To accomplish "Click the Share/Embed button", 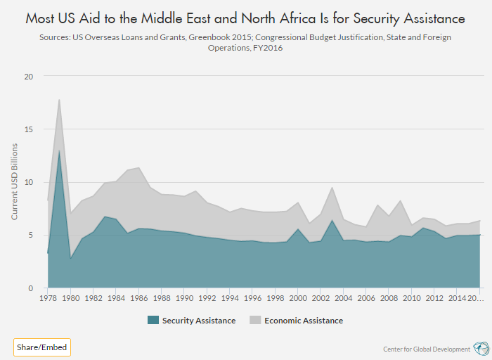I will point(41,347).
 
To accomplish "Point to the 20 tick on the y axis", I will point(28,77).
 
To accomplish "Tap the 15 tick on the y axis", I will point(28,129).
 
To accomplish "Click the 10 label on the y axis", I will point(28,182).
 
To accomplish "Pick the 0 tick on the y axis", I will point(31,288).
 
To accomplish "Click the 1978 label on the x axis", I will point(48,298).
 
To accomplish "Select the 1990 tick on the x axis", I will point(184,298).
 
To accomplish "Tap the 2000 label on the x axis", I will point(298,298).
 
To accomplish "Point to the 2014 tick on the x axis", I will point(458,298).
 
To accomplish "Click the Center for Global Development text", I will point(426,349).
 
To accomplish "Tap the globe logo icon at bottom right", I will point(481,348).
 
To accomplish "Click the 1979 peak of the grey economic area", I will point(59,99).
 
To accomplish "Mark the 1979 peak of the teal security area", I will point(59,150).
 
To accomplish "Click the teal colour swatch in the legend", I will point(153,321).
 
